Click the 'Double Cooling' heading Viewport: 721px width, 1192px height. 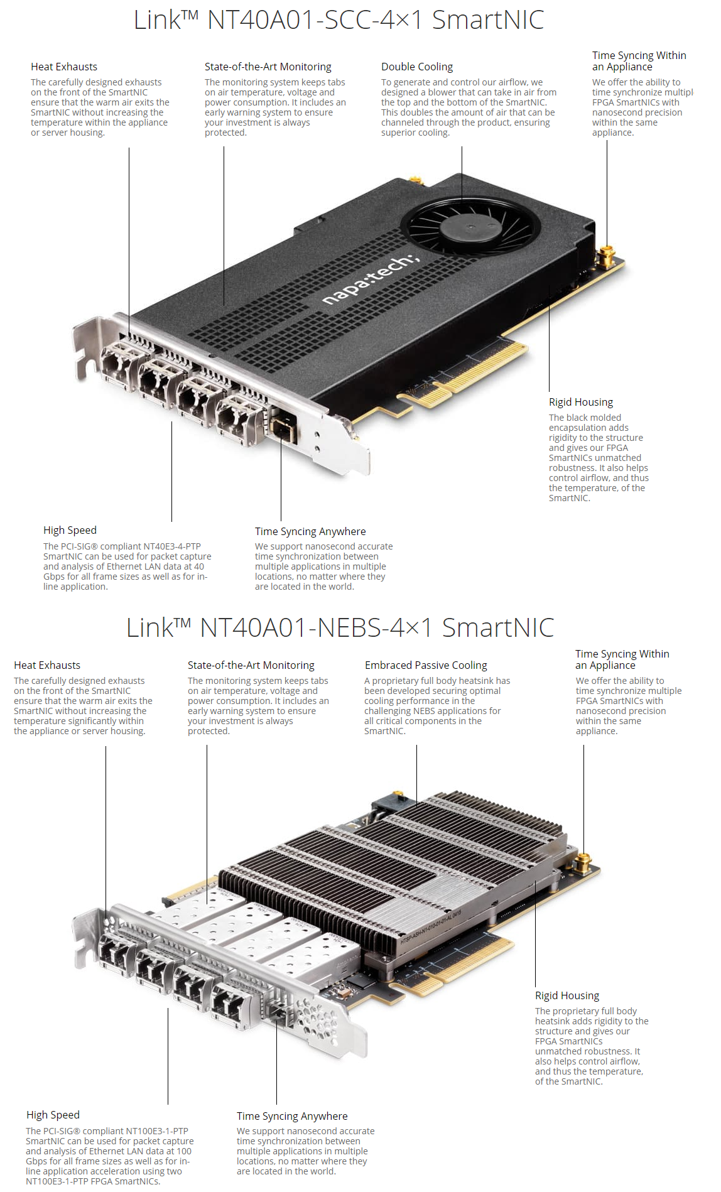417,67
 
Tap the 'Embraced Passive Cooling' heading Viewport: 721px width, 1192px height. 426,665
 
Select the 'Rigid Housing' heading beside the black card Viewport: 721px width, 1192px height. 581,402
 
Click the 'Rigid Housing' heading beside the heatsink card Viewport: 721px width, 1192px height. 567,995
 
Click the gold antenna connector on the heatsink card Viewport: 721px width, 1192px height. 583,862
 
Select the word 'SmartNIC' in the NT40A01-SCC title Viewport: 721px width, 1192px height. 488,19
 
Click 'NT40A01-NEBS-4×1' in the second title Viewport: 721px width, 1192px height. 317,627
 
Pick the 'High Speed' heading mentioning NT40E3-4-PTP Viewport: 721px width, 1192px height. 70,530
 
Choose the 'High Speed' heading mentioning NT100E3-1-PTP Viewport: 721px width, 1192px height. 53,1115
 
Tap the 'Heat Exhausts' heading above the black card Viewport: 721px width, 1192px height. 64,67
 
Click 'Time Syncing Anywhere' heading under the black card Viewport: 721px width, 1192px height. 310,531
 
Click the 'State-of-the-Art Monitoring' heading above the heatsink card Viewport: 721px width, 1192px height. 251,665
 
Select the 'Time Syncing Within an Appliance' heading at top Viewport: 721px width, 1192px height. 639,61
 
